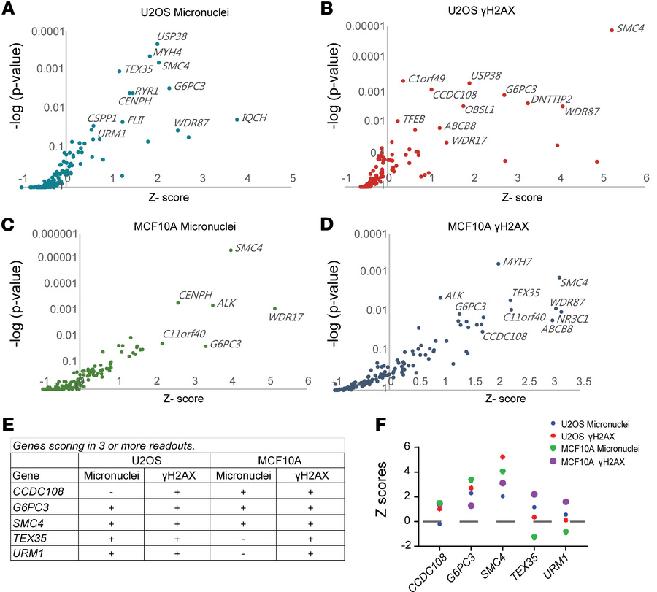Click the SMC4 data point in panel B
pyautogui.click(x=611, y=30)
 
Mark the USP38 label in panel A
pyautogui.click(x=172, y=36)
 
